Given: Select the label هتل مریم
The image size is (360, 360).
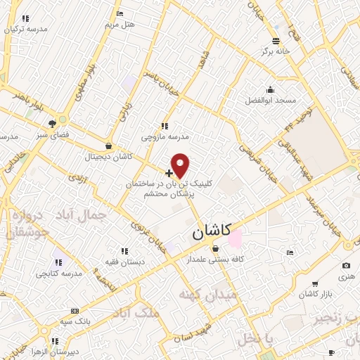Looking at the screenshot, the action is tap(120, 24).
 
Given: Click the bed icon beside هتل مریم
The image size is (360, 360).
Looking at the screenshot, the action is tap(120, 13).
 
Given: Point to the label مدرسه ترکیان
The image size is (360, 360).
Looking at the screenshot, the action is tap(26, 29).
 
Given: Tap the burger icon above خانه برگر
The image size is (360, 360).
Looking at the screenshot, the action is tap(276, 41).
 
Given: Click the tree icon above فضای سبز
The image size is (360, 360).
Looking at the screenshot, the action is tap(53, 122).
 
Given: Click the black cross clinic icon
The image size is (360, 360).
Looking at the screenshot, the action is tap(169, 172).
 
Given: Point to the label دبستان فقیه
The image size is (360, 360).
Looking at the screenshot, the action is tap(125, 261).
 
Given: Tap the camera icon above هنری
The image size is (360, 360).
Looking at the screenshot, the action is tap(346, 266).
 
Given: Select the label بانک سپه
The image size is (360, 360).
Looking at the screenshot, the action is tap(75, 321).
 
